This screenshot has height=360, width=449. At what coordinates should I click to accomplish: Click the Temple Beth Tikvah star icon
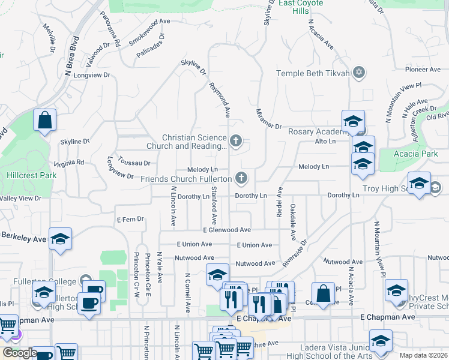[x=359, y=73]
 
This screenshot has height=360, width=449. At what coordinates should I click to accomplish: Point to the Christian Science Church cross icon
[x=236, y=142]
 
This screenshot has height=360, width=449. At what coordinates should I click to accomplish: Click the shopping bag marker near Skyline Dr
[x=45, y=121]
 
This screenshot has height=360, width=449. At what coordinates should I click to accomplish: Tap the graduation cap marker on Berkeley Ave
[x=60, y=239]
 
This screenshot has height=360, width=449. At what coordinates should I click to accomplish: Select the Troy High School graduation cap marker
[x=419, y=184]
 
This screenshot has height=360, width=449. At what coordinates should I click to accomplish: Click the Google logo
[x=20, y=353]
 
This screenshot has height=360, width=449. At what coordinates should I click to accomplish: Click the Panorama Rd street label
[x=110, y=29]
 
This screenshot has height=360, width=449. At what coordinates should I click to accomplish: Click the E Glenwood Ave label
[x=226, y=230]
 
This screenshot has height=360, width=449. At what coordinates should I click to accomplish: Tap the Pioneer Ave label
[x=423, y=70]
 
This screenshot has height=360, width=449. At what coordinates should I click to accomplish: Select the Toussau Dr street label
[x=134, y=163]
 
